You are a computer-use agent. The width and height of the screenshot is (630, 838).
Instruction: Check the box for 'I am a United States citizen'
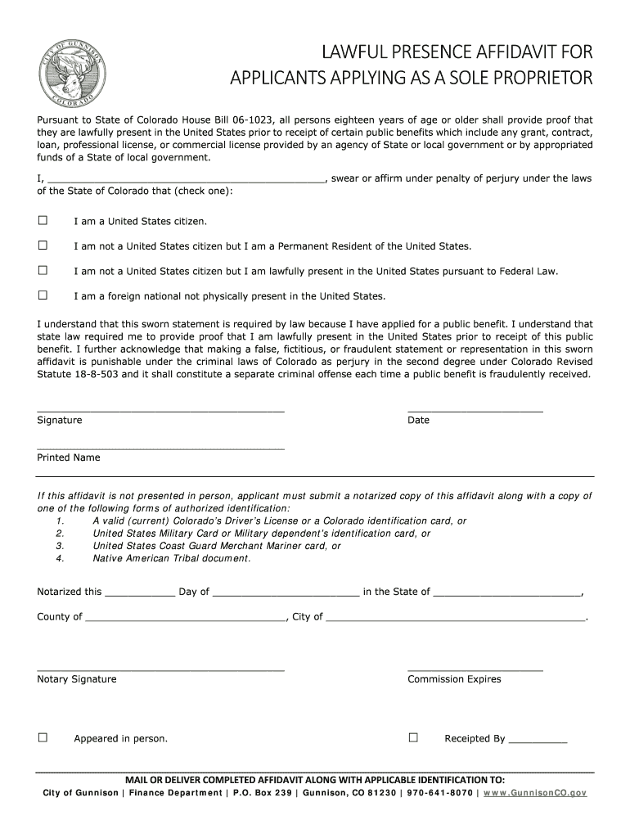point(43,221)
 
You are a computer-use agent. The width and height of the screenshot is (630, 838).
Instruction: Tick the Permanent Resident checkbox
point(43,246)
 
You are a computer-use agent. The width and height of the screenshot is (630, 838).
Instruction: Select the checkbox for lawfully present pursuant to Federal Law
point(43,270)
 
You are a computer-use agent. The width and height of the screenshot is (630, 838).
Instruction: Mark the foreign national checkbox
point(43,295)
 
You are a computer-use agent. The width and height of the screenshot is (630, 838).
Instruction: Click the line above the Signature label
point(160,408)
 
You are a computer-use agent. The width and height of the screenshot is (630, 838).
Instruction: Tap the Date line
point(475,408)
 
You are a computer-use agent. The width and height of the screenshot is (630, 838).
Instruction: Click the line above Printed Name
point(160,447)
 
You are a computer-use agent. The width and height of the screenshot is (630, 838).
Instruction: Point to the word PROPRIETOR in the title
point(522,79)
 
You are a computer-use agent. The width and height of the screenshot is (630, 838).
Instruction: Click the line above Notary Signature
point(160,669)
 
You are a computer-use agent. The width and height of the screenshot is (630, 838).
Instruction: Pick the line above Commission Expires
point(475,669)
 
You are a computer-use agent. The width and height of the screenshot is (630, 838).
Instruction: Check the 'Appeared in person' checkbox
point(43,738)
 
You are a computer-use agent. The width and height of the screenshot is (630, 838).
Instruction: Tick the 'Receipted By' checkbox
point(413,738)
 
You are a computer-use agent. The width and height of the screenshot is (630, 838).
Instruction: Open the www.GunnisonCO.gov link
point(537,793)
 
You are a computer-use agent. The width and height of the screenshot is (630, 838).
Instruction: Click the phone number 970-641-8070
point(439,793)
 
